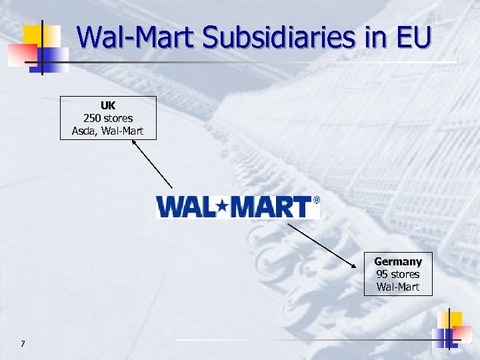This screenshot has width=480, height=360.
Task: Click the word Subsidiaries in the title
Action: tap(279, 38)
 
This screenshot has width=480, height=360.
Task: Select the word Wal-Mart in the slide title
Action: tap(137, 38)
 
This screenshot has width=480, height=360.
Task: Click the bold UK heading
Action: tap(108, 106)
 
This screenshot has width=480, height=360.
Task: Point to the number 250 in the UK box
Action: tap(93, 118)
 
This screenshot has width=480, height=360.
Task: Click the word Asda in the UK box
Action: tap(84, 131)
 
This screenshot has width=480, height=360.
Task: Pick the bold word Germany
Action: tap(398, 262)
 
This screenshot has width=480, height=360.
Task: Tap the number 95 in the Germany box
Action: tap(382, 274)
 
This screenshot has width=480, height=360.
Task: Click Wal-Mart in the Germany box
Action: tap(398, 287)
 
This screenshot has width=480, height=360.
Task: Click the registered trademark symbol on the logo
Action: tap(316, 199)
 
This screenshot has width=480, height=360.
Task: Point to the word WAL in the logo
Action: tap(187, 207)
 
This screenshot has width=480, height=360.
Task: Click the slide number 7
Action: tap(23, 343)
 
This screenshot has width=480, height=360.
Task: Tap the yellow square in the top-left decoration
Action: tap(33, 35)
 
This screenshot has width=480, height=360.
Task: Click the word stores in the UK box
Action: tap(118, 118)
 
